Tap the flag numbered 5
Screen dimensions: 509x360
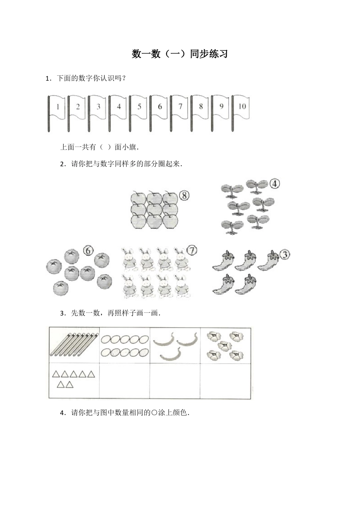point(139,107)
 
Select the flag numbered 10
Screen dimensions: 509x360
point(242,107)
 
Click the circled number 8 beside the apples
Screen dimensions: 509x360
point(184,195)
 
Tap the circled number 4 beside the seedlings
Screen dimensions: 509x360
point(275,184)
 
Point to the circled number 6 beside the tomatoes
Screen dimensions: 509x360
point(88,251)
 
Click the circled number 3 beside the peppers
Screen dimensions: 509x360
point(285,255)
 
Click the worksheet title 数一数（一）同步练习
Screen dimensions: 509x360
point(180,54)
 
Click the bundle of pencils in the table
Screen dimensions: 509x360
point(75,344)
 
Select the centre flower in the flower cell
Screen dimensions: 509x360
point(225,345)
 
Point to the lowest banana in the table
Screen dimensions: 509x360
point(170,355)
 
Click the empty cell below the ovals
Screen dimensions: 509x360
point(125,381)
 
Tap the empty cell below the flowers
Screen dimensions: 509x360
point(226,381)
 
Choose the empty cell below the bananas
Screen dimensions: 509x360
point(175,381)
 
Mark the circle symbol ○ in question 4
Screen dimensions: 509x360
point(154,413)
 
